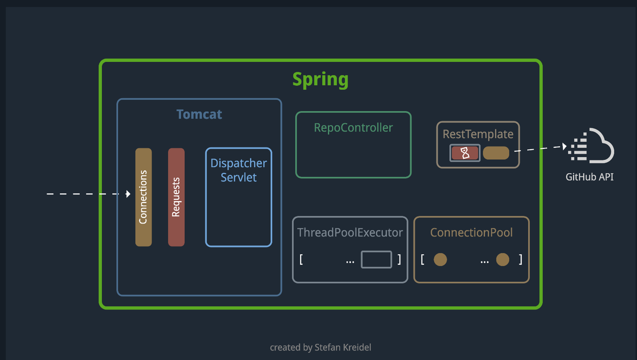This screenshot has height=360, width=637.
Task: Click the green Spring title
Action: pos(320,79)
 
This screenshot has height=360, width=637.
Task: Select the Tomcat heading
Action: pos(199,114)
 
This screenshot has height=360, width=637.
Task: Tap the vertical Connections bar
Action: pos(143,197)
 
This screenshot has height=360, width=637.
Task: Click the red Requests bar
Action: pos(176,197)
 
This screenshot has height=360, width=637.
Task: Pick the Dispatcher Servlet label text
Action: pos(239,170)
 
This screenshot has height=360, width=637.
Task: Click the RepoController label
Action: pos(353,128)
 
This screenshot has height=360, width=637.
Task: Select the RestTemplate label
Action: pos(478,134)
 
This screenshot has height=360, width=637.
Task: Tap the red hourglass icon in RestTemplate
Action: pos(465,153)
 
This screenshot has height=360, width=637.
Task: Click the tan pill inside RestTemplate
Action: pos(496,153)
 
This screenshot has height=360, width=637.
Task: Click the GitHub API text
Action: pos(589,177)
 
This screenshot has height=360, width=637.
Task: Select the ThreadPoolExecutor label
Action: pos(350,233)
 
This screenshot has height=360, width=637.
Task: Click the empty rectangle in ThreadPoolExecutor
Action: pos(376,259)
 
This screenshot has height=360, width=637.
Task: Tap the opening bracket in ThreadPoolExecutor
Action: pos(301,259)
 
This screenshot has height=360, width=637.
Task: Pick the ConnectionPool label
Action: pos(471,233)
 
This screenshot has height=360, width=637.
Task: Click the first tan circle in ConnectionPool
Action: pos(440,259)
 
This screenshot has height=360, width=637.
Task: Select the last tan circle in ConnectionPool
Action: pos(503,259)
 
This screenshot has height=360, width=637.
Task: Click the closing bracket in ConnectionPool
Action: pos(520,259)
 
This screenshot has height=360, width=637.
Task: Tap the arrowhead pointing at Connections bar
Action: pos(128,194)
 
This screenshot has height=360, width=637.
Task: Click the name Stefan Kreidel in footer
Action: pos(343,347)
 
